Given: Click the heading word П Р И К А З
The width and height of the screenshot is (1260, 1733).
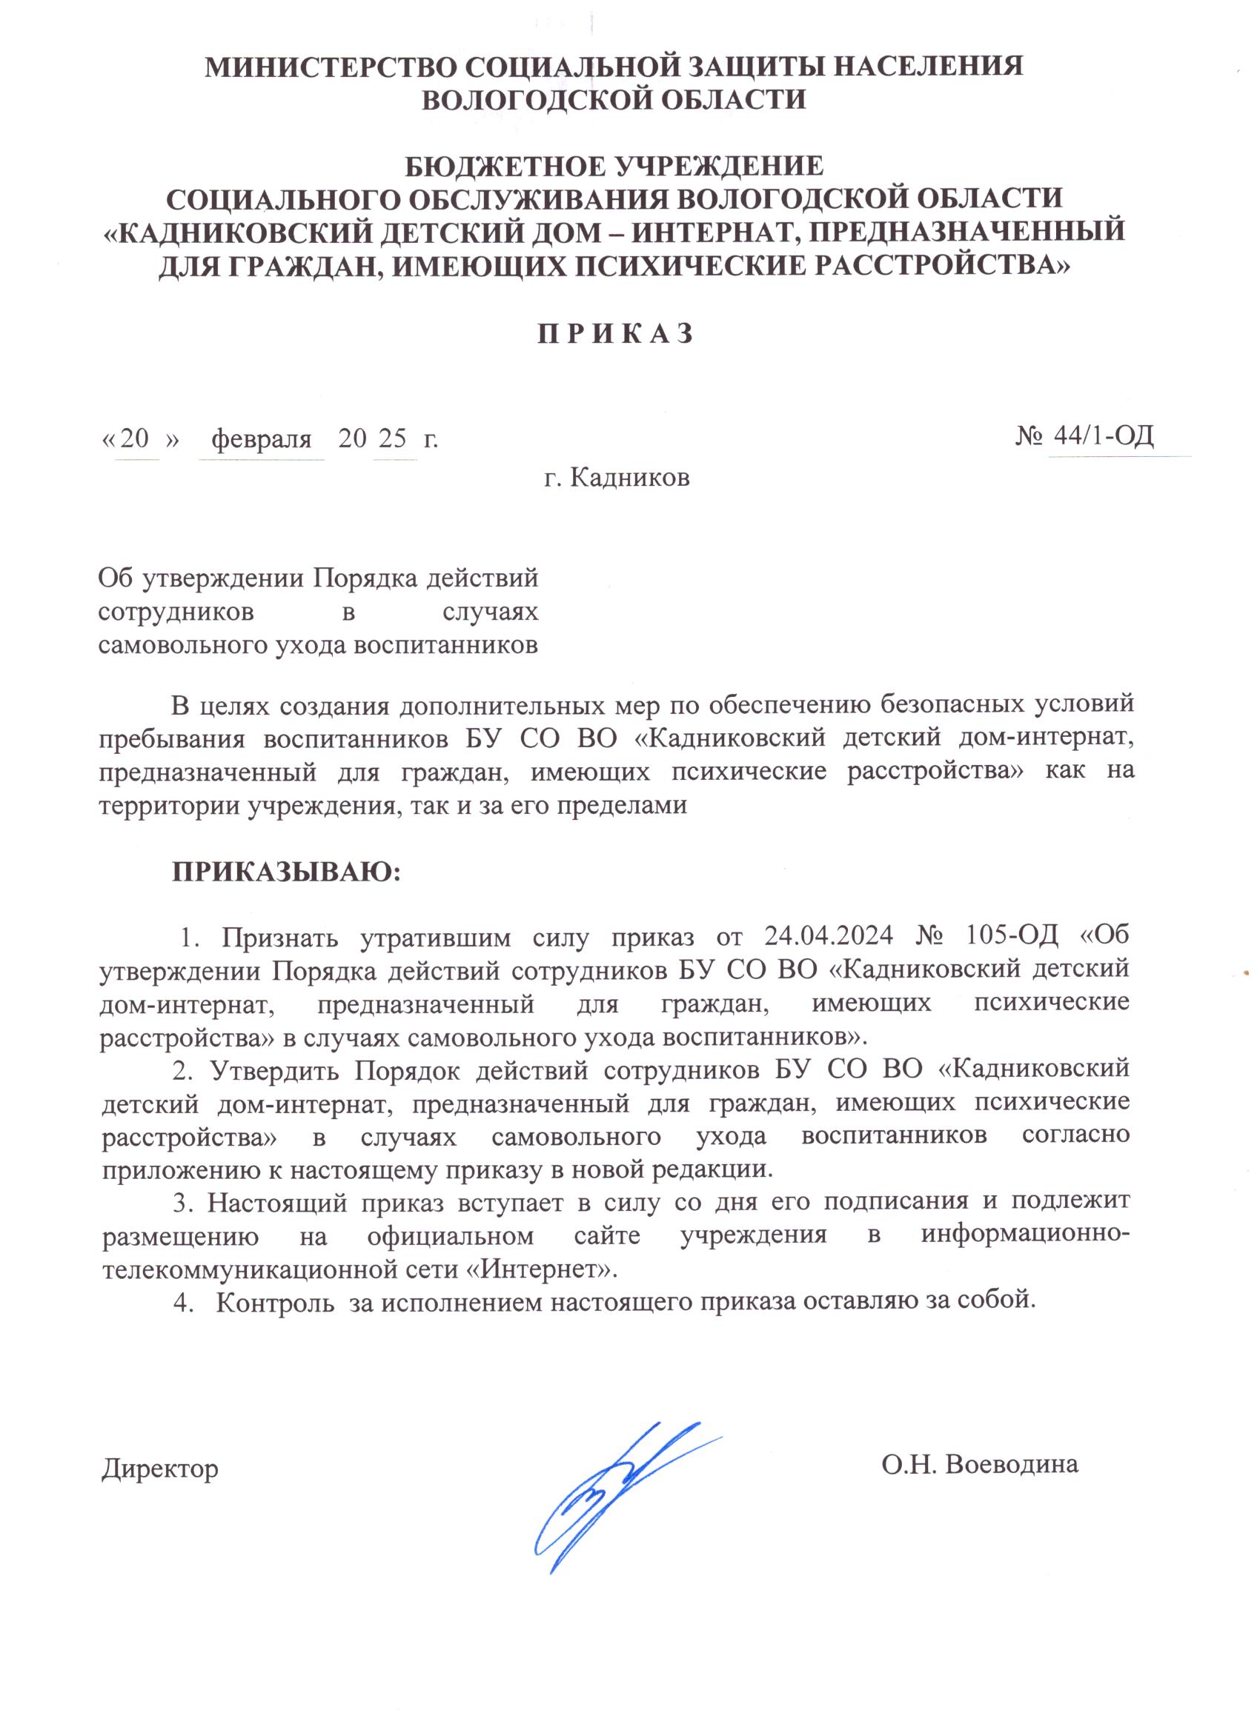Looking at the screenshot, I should pyautogui.click(x=616, y=334).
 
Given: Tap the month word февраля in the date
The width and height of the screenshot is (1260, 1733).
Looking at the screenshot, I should pyautogui.click(x=262, y=438).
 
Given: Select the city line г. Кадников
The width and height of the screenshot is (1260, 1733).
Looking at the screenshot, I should pyautogui.click(x=616, y=478).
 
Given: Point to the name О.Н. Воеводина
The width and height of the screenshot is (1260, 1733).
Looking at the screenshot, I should pyautogui.click(x=979, y=1464).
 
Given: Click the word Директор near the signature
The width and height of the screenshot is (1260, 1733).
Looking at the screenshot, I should pyautogui.click(x=160, y=1467).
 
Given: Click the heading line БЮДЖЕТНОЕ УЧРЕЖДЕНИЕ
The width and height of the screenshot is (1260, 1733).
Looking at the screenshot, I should pyautogui.click(x=614, y=165).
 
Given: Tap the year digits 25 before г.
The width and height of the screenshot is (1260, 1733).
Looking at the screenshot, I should pyautogui.click(x=392, y=438).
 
